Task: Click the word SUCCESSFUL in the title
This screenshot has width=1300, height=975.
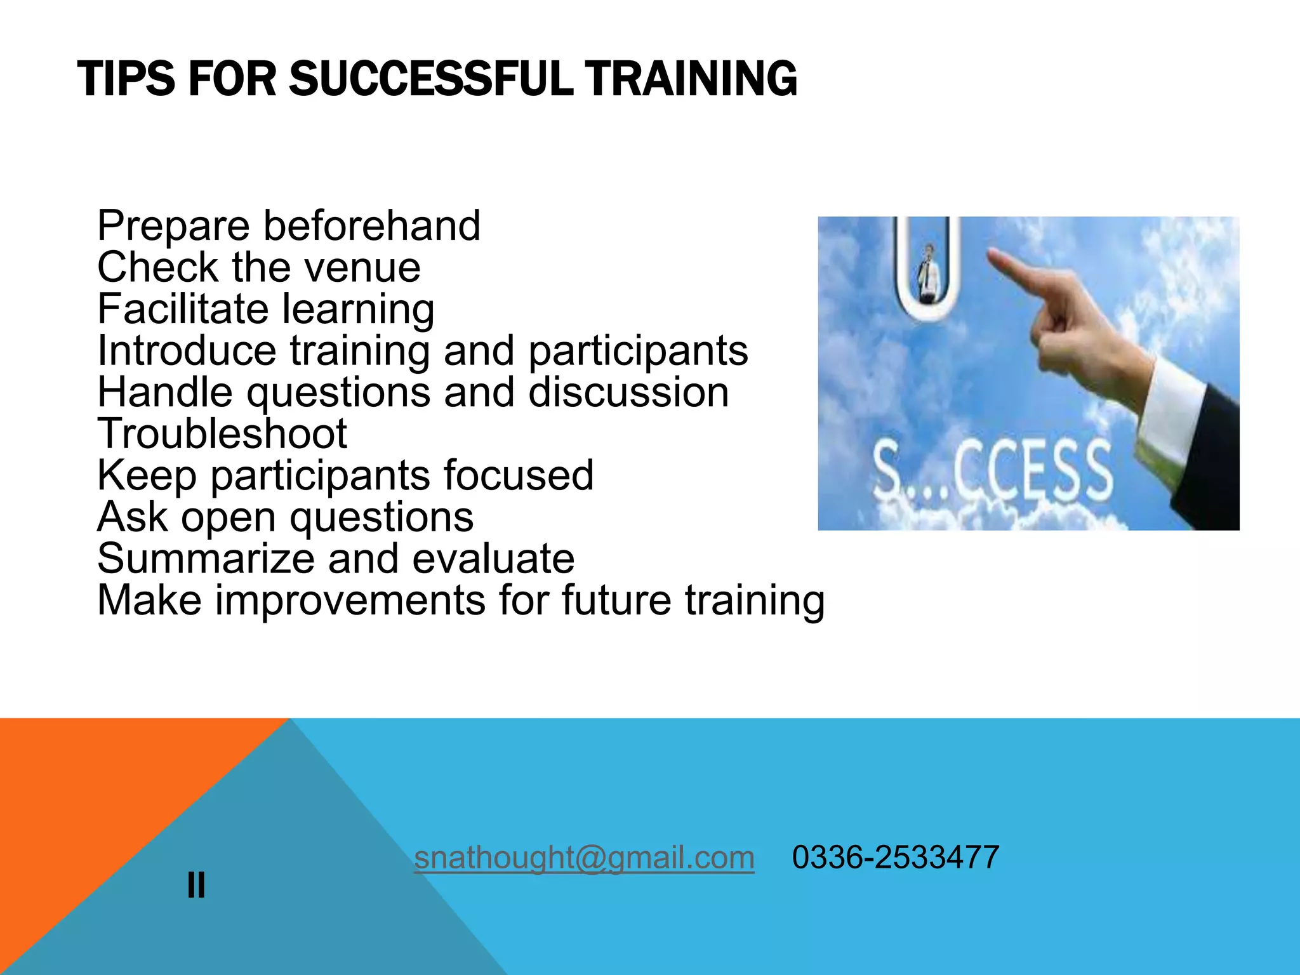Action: pyautogui.click(x=432, y=79)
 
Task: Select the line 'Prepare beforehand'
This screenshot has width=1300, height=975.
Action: pyautogui.click(x=288, y=226)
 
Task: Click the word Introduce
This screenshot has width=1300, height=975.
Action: pyautogui.click(x=187, y=351)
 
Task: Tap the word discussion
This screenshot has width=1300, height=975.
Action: pyautogui.click(x=628, y=392)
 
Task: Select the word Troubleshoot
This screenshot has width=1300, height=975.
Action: pyautogui.click(x=222, y=434)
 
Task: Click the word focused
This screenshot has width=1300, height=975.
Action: pyautogui.click(x=518, y=475)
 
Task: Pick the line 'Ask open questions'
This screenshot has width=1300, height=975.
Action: pyautogui.click(x=285, y=517)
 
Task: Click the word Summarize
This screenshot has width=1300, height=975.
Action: pyautogui.click(x=206, y=559)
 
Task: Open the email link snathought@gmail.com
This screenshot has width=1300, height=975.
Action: pyautogui.click(x=584, y=858)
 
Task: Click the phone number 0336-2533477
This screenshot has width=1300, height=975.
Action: pyautogui.click(x=895, y=858)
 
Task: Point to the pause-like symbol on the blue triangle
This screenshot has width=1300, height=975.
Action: pyautogui.click(x=196, y=885)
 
